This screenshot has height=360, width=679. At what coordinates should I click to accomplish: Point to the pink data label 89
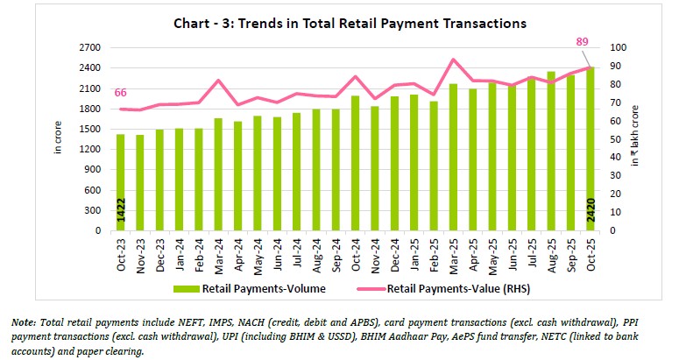[x=582, y=41]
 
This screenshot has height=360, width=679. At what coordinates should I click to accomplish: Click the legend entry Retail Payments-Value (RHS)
[x=454, y=287]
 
